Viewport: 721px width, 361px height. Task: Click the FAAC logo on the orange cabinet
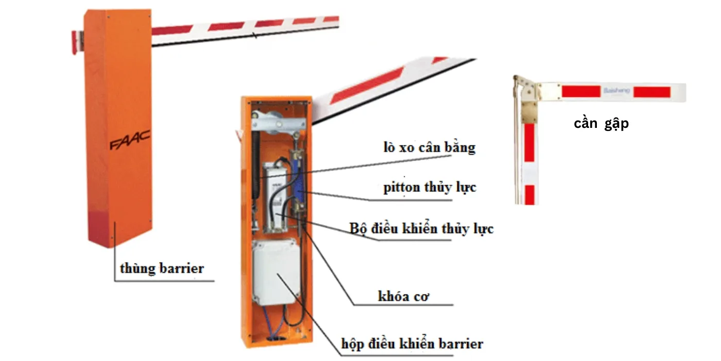tap(129, 141)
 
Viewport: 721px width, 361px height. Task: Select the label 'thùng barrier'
tap(162, 269)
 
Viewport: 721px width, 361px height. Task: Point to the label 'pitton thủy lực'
tap(430, 187)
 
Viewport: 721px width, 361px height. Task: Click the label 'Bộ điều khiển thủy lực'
tap(421, 228)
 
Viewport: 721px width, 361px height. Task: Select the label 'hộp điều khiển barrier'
tap(412, 343)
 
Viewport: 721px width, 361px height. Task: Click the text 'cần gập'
tap(601, 124)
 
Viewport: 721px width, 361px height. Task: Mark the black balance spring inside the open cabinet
tap(256, 170)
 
